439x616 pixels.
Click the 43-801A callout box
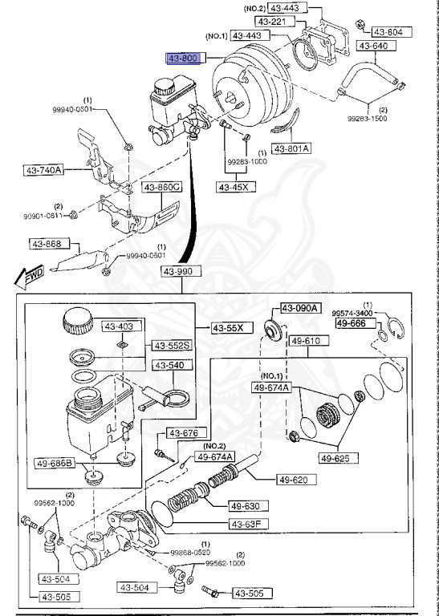click(x=293, y=148)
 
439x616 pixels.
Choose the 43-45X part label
click(x=234, y=187)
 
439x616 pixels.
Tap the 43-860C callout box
click(x=162, y=188)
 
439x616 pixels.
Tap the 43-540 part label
click(x=170, y=365)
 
